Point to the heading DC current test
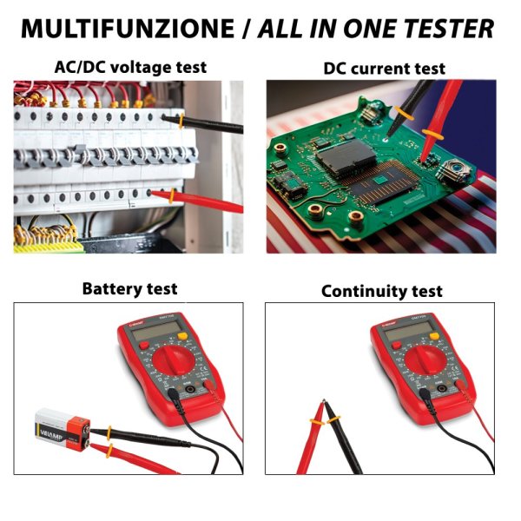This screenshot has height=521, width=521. pos(384,68)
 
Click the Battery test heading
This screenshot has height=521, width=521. pos(129,288)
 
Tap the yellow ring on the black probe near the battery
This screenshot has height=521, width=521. pos(110,432)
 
